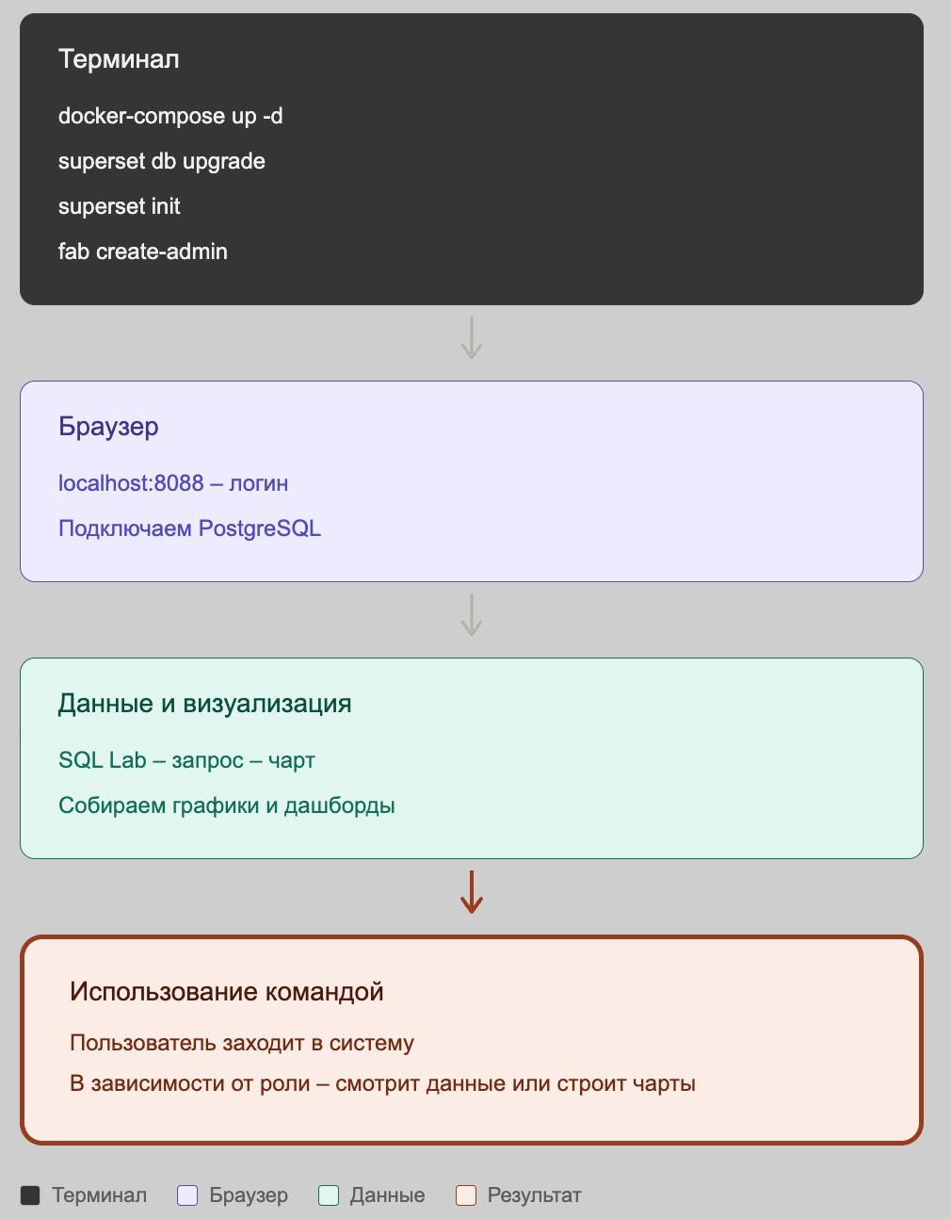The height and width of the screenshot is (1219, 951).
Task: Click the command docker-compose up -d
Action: [170, 116]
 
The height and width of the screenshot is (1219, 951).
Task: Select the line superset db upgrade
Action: [162, 162]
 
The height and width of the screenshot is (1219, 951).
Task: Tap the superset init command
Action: [119, 206]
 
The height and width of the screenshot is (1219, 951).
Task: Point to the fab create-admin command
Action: [143, 252]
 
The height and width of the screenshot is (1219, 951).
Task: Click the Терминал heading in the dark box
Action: [119, 59]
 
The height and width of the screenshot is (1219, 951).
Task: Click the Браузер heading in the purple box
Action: [108, 427]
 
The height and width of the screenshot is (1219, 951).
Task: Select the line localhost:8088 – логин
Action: [173, 483]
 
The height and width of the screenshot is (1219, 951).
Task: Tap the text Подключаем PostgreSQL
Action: [189, 528]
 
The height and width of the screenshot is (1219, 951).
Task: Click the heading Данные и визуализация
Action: [204, 704]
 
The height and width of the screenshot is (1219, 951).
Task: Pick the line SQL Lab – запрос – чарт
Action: [186, 760]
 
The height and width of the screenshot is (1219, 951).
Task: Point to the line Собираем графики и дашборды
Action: [227, 805]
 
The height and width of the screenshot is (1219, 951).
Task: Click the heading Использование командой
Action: [227, 992]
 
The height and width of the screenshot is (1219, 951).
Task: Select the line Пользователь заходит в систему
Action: [242, 1043]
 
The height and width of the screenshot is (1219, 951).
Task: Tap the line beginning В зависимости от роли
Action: [382, 1083]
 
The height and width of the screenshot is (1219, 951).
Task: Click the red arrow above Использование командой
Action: [472, 892]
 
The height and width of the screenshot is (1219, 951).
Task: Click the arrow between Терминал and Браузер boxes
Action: [472, 338]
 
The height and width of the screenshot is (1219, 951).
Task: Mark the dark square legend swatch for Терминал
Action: [30, 1195]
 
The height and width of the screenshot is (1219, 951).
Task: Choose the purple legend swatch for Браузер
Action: [187, 1195]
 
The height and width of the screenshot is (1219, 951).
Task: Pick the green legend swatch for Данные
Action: [329, 1195]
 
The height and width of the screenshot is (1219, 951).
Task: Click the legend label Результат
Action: [534, 1195]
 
